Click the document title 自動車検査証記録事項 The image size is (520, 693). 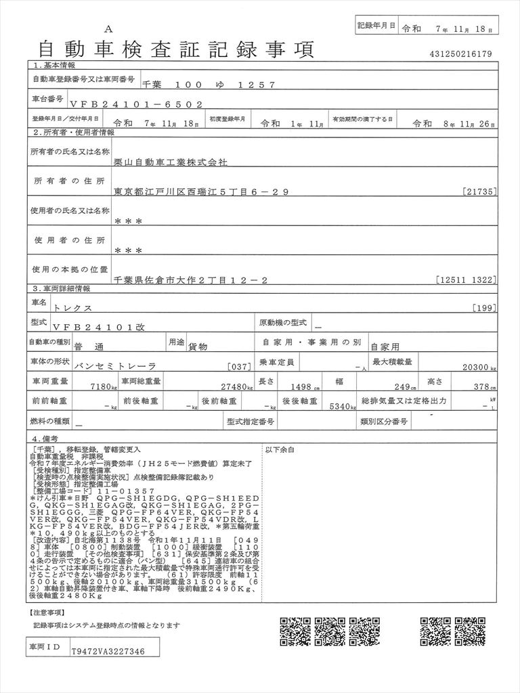(x=176, y=49)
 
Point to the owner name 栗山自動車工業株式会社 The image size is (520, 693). (x=171, y=163)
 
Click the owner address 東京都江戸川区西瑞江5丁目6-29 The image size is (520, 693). (x=202, y=192)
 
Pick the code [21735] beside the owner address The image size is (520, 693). (x=481, y=192)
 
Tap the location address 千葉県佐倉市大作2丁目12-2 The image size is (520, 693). (x=192, y=279)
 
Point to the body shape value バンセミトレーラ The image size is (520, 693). (x=114, y=365)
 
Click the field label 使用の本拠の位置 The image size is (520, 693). (x=68, y=269)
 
